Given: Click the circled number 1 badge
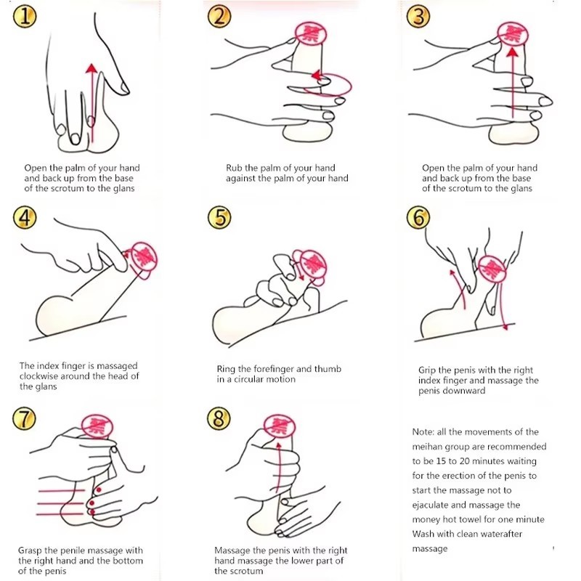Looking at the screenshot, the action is pyautogui.click(x=25, y=17).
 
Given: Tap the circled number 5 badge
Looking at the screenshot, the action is pyautogui.click(x=219, y=217).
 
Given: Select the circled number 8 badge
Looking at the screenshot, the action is pyautogui.click(x=219, y=418).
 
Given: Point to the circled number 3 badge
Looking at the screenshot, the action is pyautogui.click(x=418, y=17).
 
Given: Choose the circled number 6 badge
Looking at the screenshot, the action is pyautogui.click(x=418, y=217).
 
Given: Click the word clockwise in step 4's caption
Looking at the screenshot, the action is pyautogui.click(x=38, y=376).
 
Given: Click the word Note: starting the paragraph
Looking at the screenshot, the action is pyautogui.click(x=423, y=432).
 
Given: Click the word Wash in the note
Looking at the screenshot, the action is pyautogui.click(x=423, y=534).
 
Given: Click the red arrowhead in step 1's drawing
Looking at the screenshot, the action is pyautogui.click(x=92, y=68).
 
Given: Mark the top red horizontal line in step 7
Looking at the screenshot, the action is pyautogui.click(x=62, y=491).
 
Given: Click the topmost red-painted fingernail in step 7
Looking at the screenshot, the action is pyautogui.click(x=99, y=489).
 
